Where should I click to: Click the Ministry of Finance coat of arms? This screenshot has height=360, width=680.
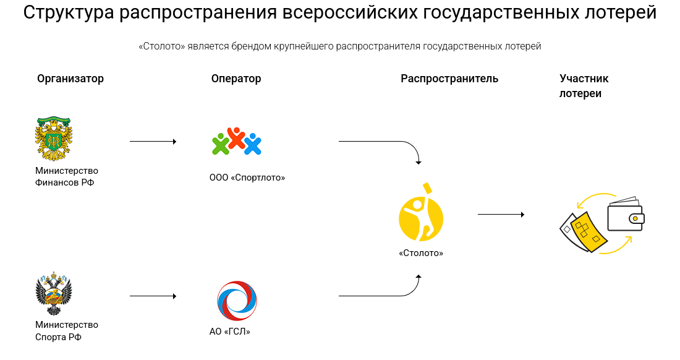53,139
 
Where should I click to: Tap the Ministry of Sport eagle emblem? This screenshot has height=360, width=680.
53,294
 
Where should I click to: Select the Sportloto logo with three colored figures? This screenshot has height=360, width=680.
237,141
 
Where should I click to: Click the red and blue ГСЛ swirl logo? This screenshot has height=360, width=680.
237,301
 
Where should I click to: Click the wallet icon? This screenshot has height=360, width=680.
626,215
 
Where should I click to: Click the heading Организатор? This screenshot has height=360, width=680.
70,79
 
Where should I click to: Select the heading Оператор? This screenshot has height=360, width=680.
236,79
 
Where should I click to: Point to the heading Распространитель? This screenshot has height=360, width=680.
449,79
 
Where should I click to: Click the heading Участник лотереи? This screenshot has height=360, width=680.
584,86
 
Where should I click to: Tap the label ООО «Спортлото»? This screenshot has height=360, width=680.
247,178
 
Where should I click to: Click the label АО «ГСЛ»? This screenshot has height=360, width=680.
230,332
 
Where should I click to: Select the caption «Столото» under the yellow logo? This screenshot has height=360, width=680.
421,253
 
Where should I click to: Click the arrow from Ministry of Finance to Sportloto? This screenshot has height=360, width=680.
153,142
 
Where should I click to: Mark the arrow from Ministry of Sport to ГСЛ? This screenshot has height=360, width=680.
153,296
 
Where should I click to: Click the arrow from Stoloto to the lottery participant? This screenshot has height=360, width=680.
501,214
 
